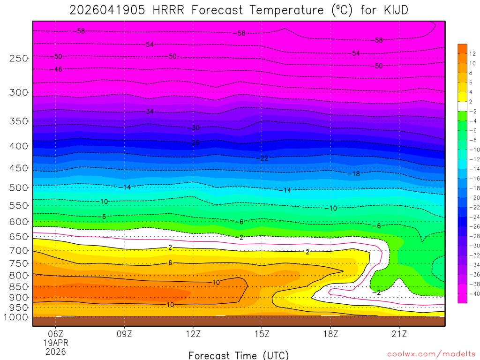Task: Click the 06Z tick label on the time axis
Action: click(x=56, y=334)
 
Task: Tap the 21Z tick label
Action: click(x=399, y=334)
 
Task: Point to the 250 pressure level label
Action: click(x=19, y=58)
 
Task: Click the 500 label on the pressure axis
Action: click(x=19, y=187)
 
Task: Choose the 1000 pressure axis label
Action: click(x=17, y=317)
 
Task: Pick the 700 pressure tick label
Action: click(x=19, y=250)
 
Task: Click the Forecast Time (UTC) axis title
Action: click(x=239, y=355)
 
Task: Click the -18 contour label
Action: click(x=354, y=174)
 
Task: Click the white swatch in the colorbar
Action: click(x=463, y=106)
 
